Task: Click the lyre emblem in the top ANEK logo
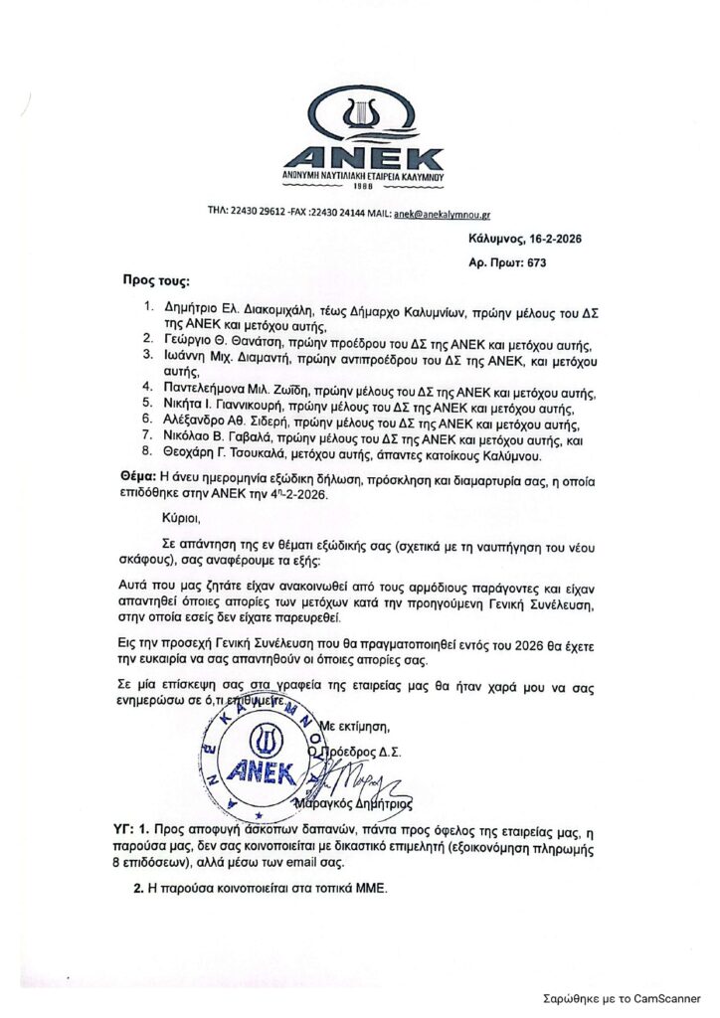pos(360,117)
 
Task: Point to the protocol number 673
pos(533,263)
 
